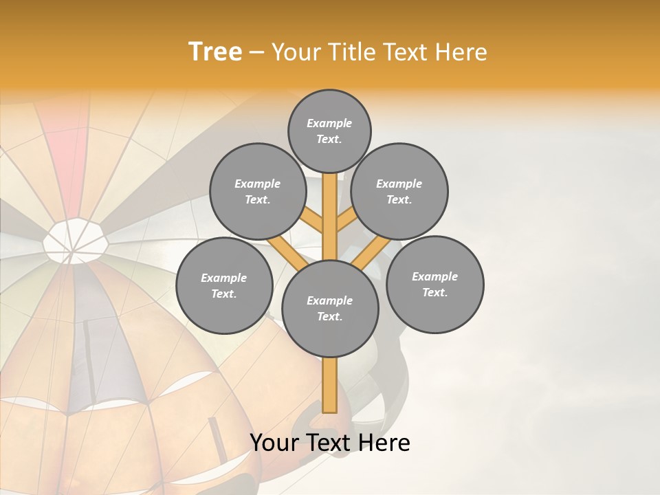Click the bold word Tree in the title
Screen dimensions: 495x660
click(215, 52)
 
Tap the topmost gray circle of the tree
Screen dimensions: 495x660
click(329, 131)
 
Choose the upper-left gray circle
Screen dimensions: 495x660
click(258, 191)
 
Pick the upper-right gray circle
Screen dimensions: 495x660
click(399, 191)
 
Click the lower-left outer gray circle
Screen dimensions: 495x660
click(224, 285)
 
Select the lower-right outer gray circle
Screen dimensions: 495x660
click(434, 284)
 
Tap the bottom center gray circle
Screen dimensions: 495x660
click(330, 308)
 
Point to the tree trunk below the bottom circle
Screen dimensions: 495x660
click(330, 385)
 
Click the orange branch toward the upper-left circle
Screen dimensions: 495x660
click(313, 221)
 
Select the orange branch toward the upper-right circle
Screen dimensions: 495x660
click(346, 221)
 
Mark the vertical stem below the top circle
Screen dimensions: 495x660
click(330, 206)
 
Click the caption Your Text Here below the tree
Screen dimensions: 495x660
click(330, 443)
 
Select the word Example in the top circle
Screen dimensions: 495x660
click(329, 123)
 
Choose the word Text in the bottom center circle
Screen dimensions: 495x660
click(329, 316)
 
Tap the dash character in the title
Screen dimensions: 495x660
click(256, 52)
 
